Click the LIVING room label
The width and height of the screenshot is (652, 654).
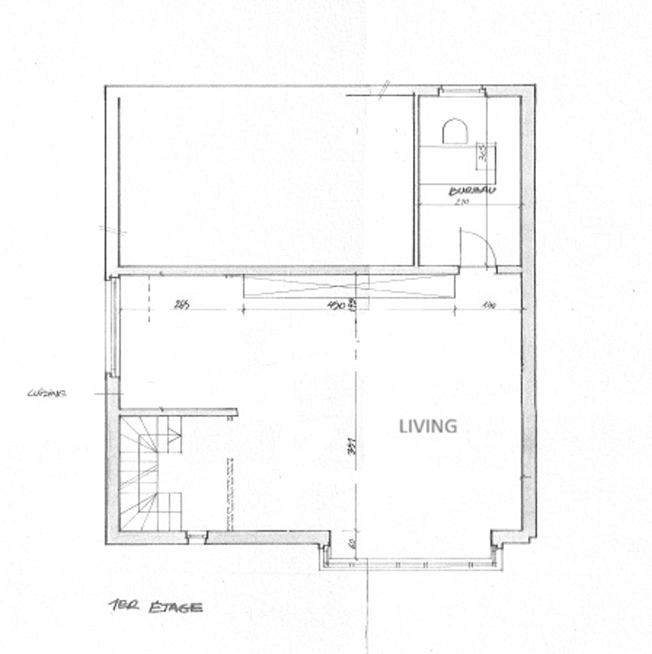428,426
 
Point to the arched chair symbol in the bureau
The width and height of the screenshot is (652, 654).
455,131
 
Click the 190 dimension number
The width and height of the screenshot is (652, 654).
488,305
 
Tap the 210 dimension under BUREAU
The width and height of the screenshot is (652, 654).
462,202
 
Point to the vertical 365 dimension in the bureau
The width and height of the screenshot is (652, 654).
482,154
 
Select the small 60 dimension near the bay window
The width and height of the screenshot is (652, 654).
352,544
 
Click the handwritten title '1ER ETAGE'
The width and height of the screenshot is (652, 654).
155,607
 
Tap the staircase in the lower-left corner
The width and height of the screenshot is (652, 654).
151,473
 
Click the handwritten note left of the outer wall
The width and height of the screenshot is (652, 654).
46,393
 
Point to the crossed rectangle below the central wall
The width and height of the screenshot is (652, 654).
349,286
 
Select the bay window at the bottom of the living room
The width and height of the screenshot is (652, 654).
411,564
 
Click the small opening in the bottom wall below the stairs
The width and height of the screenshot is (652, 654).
197,537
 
